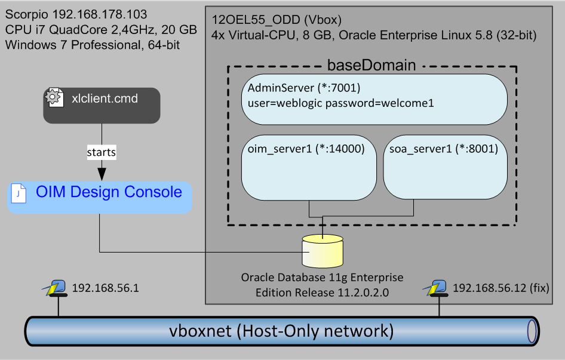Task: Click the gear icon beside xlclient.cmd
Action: click(54, 97)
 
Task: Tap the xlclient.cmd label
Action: click(105, 99)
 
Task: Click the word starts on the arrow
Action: click(102, 152)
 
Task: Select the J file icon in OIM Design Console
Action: click(19, 193)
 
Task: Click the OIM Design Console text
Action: click(109, 192)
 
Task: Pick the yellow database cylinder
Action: click(323, 251)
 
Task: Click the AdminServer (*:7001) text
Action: click(304, 88)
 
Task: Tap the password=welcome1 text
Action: click(379, 103)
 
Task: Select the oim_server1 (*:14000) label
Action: click(306, 149)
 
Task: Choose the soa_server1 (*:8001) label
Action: click(444, 149)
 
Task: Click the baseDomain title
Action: click(371, 65)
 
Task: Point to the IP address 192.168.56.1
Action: click(105, 288)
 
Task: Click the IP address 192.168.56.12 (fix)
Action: click(501, 288)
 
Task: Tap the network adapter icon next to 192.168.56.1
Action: click(55, 288)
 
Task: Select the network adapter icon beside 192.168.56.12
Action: click(435, 288)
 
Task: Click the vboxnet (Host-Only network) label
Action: click(281, 331)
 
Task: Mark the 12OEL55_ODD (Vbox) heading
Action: click(277, 20)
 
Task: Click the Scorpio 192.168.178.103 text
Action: click(76, 14)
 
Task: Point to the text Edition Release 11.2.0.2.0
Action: click(322, 293)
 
